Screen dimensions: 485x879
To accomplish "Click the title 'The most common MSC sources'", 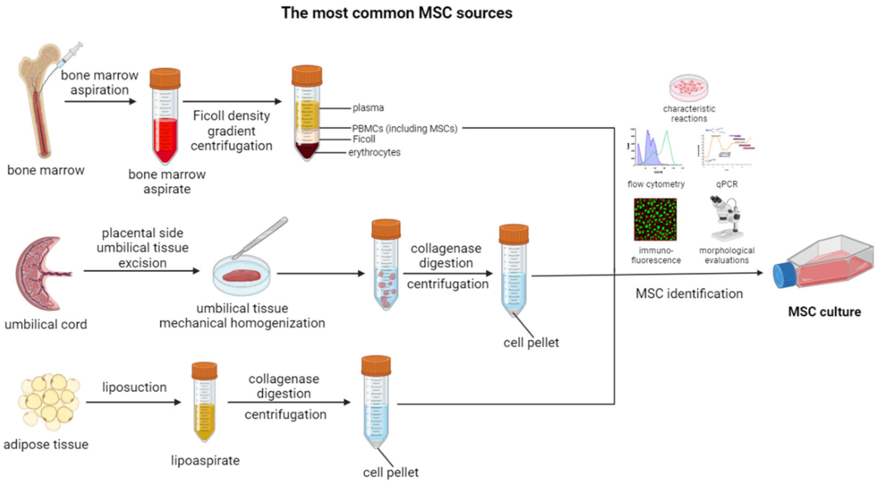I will tap(396, 13).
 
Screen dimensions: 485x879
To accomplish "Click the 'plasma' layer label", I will tap(368, 108).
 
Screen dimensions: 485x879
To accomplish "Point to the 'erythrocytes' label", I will tap(374, 152).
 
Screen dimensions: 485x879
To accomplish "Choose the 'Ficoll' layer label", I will tap(364, 139).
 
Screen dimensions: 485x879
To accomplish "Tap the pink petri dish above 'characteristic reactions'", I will tap(689, 88).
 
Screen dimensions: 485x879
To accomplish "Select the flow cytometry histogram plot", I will tap(655, 149).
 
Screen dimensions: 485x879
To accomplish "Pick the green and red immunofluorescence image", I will tap(655, 219).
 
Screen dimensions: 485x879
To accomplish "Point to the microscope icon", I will tap(727, 219).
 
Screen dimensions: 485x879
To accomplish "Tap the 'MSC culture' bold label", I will tap(824, 312).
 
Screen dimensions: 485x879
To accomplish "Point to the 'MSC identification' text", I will tap(689, 293).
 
